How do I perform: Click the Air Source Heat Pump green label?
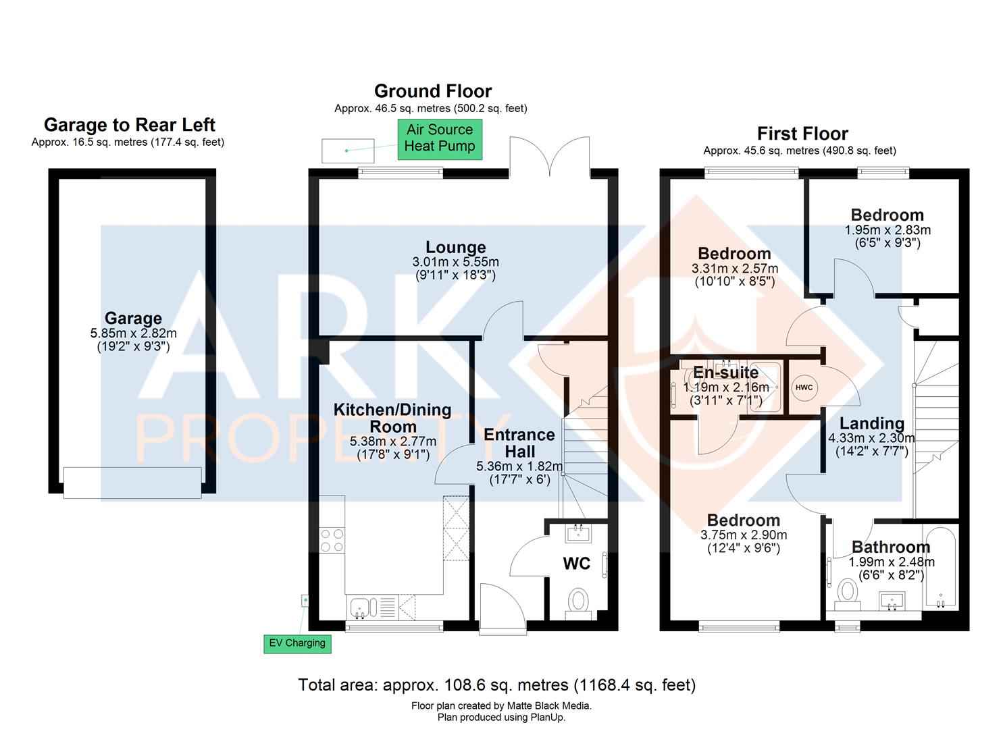[440, 139]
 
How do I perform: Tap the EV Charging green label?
[297, 644]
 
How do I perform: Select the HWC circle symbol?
[804, 387]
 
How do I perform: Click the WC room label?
[577, 564]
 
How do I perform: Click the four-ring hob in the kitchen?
[332, 540]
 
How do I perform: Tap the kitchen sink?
[359, 607]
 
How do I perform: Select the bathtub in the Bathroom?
[941, 568]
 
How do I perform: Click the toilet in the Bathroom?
[848, 595]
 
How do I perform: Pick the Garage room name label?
[134, 318]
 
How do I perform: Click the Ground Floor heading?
[433, 91]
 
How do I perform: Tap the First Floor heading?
[803, 134]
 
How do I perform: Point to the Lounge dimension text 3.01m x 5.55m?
[456, 262]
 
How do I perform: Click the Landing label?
[872, 423]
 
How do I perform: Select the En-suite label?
[726, 373]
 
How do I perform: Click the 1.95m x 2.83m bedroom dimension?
[888, 230]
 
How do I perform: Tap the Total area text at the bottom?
[496, 685]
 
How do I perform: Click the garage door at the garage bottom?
[132, 483]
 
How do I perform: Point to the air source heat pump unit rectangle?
[348, 151]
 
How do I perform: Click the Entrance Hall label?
[519, 443]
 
